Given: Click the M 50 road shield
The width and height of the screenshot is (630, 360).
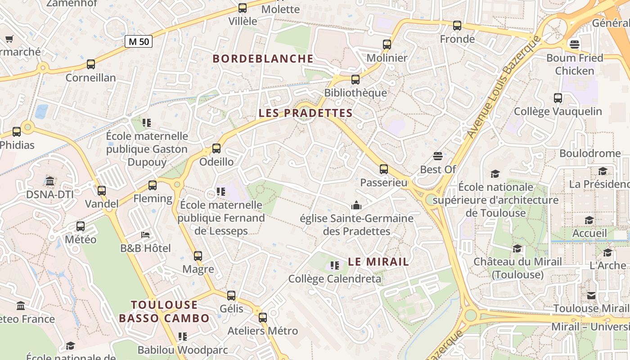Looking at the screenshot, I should tap(139, 42).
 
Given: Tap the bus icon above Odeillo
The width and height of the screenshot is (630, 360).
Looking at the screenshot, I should tap(216, 148).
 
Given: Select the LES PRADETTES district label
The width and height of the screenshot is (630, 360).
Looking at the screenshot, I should tap(306, 113).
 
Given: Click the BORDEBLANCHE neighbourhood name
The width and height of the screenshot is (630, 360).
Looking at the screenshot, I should tap(263, 58).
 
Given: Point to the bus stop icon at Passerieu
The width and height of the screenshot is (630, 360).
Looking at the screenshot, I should tap(383, 169).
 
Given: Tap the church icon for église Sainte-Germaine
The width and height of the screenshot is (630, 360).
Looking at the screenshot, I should tap(356, 205).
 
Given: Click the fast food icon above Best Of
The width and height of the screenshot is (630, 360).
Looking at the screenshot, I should tap(438, 156).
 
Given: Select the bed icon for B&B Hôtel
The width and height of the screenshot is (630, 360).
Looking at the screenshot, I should tap(145, 235).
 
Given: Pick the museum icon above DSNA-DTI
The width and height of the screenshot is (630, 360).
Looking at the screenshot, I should tap(50, 181).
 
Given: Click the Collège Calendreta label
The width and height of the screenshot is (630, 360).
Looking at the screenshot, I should tap(335, 279).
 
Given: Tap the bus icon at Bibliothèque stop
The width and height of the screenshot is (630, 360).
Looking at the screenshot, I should tap(355, 80).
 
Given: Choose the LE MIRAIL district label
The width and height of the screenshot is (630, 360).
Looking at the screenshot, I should tap(378, 261).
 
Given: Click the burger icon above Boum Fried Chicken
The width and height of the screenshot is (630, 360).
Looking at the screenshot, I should tap(574, 44).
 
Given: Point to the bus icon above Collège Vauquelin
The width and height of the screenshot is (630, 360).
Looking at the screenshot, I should tap(558, 98).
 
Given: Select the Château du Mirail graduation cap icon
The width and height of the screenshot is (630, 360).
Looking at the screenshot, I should tap(517, 248).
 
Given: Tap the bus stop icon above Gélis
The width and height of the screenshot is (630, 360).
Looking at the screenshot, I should tap(231, 296).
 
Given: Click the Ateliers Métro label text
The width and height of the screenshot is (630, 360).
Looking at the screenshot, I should tap(262, 331).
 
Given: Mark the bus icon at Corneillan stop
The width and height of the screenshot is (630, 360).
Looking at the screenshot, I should tap(91, 64).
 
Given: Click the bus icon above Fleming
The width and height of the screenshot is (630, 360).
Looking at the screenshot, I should tap(153, 185).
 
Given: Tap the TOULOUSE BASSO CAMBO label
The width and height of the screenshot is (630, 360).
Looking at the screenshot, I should tap(164, 311).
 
